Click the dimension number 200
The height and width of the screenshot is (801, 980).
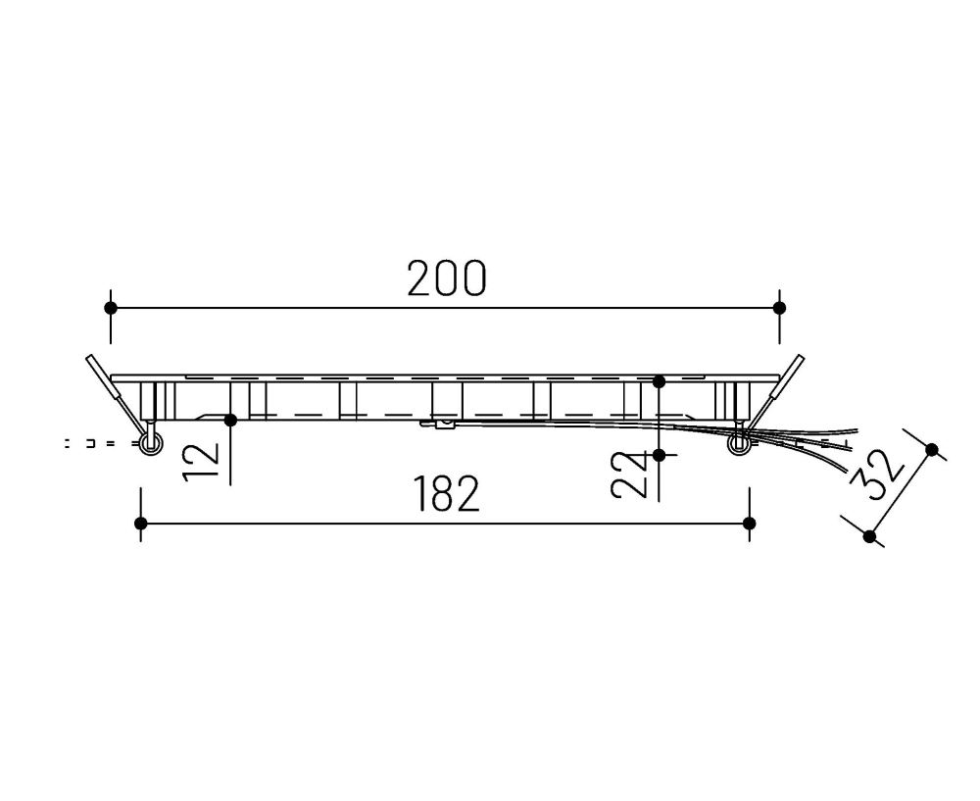click(x=446, y=279)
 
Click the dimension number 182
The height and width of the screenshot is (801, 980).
click(x=446, y=494)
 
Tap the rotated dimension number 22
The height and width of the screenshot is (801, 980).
click(x=627, y=475)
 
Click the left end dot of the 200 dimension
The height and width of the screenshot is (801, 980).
click(x=111, y=308)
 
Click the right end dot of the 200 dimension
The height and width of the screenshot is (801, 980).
click(x=779, y=308)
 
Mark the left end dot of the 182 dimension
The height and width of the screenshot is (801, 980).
click(x=141, y=524)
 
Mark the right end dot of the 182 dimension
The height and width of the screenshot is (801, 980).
click(x=750, y=524)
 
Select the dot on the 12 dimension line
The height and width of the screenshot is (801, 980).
click(x=230, y=420)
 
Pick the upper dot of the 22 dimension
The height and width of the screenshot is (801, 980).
click(x=659, y=380)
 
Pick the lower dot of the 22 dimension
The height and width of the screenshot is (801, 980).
click(x=659, y=455)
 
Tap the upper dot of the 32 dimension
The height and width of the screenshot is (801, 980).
click(x=931, y=450)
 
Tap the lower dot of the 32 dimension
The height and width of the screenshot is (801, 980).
click(x=869, y=535)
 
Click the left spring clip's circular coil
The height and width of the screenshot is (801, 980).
click(x=149, y=445)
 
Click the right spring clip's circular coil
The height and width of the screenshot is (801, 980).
click(x=740, y=445)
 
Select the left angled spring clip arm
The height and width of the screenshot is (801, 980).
click(x=110, y=386)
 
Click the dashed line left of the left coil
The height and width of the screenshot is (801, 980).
click(x=98, y=444)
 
